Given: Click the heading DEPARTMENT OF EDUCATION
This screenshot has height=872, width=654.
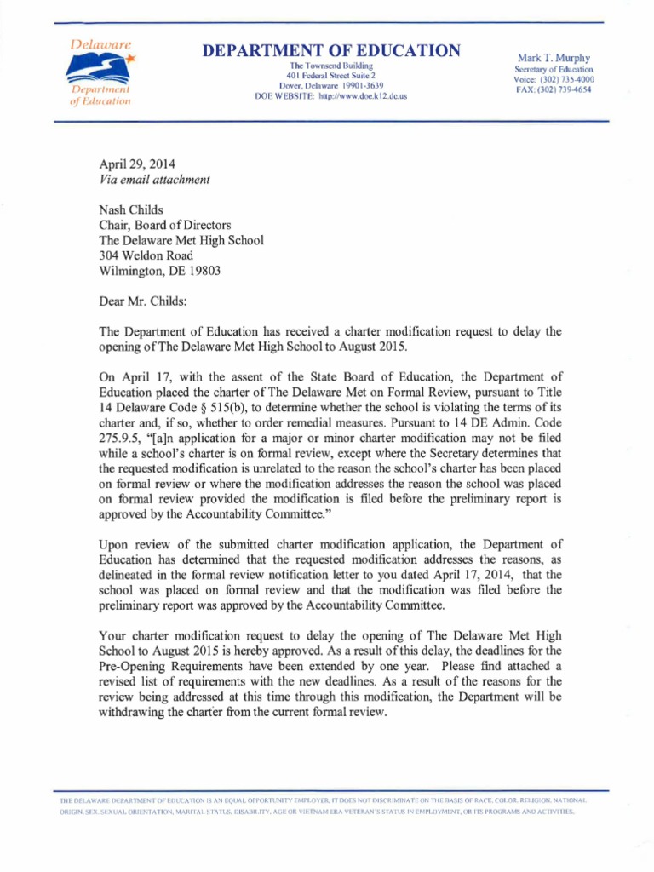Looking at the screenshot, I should pyautogui.click(x=331, y=51).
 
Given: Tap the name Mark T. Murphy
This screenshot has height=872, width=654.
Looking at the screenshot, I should pyautogui.click(x=554, y=57).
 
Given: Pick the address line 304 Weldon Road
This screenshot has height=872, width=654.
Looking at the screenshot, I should pyautogui.click(x=146, y=255).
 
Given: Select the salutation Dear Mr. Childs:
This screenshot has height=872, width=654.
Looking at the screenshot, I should pyautogui.click(x=146, y=301).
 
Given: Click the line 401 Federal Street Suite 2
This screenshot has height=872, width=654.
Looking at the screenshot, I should pyautogui.click(x=331, y=76).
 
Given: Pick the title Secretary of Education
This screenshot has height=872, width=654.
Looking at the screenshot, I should pyautogui.click(x=554, y=69).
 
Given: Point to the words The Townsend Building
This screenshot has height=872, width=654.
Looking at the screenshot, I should pyautogui.click(x=331, y=66).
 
